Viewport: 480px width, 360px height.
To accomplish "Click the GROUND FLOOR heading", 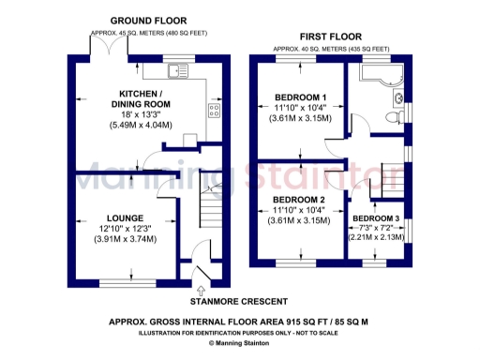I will (x=148, y=20).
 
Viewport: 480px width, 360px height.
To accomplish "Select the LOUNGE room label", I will (x=126, y=218).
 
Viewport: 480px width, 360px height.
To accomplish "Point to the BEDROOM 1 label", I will (x=300, y=97).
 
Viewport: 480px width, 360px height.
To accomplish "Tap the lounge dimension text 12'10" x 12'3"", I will (x=126, y=229).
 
